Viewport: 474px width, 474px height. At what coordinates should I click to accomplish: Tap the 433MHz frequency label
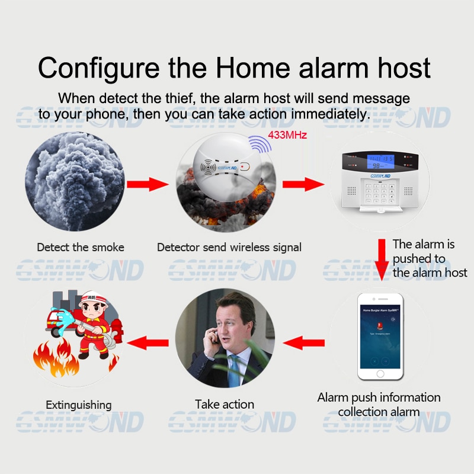point(287,135)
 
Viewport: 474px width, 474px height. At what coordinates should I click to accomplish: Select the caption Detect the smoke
point(81,247)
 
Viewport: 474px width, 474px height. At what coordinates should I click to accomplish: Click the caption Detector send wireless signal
point(229,247)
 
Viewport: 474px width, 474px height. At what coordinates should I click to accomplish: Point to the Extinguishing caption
point(79,405)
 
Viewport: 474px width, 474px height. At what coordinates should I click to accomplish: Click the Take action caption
point(225,405)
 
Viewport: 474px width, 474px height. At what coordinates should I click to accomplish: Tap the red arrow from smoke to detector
point(150,184)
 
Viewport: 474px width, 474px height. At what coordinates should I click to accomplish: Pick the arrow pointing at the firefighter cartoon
point(149,342)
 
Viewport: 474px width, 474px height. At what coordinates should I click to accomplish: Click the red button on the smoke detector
point(244,166)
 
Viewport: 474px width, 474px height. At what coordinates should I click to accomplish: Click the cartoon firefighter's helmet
point(89,299)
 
